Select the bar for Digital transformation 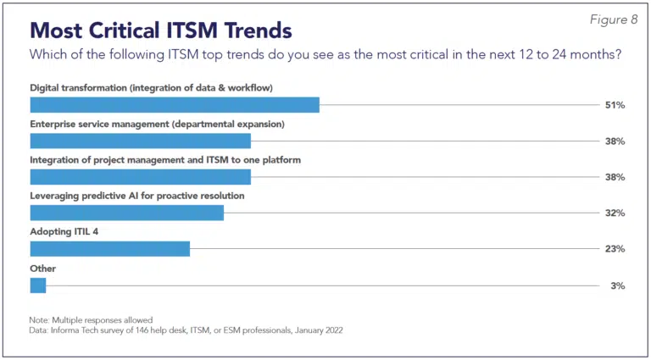coord(175,105)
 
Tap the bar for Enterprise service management coord(141,141)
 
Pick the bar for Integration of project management coord(141,177)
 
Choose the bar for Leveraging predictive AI coord(127,213)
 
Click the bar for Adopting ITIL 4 coord(110,249)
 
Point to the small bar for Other coord(38,285)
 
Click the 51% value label coord(615,105)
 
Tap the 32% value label coord(615,213)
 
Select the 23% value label coord(615,249)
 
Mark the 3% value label coord(618,285)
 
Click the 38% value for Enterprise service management coord(615,141)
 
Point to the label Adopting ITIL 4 coord(64,231)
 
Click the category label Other coord(42,268)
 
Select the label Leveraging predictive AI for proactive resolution coord(137,196)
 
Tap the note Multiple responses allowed coord(92,320)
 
